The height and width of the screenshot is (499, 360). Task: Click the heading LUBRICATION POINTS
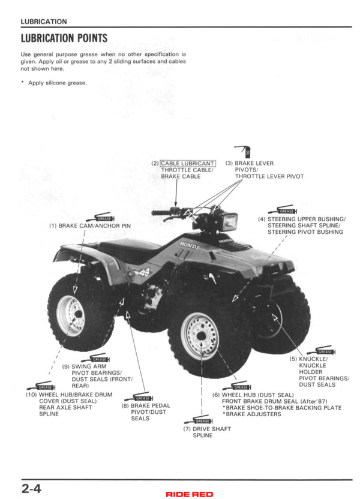[x=64, y=38]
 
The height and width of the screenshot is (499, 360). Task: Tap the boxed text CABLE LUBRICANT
[x=187, y=164]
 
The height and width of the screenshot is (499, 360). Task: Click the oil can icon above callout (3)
[x=243, y=152]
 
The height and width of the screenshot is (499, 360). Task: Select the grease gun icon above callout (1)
[x=100, y=217]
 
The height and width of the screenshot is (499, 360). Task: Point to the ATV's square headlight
[x=229, y=221]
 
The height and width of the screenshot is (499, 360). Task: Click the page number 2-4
[x=31, y=488]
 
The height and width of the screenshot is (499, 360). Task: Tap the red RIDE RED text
[x=190, y=494]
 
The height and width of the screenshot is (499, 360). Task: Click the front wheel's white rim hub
[x=200, y=336]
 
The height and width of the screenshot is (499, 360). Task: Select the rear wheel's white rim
[x=71, y=315]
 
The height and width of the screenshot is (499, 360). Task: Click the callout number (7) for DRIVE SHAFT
[x=187, y=429]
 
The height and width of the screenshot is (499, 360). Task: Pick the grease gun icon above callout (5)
[x=321, y=350]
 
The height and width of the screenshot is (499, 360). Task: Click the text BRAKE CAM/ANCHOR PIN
[x=95, y=226]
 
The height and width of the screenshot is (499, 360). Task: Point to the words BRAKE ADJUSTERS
[x=253, y=414]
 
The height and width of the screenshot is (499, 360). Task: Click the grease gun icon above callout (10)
[x=41, y=386]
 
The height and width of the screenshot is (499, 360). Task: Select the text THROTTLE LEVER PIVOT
[x=269, y=176]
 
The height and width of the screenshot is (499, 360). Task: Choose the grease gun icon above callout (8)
[x=139, y=397]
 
